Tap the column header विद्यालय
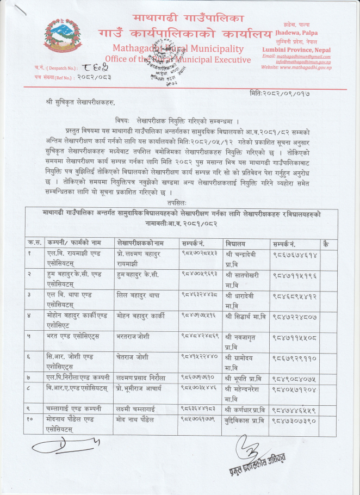click(x=235, y=242)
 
